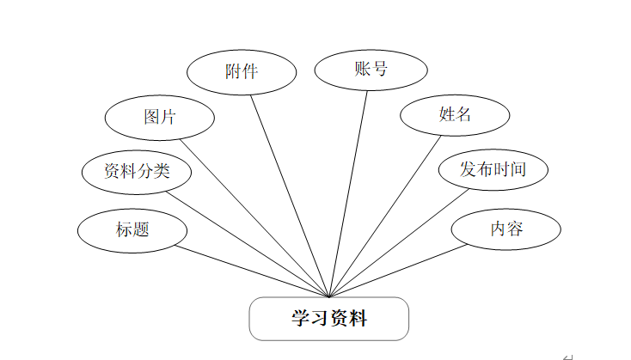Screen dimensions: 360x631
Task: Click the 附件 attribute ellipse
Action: tap(242, 71)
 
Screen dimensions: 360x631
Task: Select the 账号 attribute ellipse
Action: tap(371, 70)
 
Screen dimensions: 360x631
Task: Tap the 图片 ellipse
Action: tap(159, 116)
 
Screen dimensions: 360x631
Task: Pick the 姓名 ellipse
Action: tap(455, 114)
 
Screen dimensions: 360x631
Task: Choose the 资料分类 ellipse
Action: tap(137, 171)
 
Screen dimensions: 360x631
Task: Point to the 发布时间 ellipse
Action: tap(493, 169)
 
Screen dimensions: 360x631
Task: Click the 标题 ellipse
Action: tap(132, 229)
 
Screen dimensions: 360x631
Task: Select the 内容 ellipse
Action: tap(507, 229)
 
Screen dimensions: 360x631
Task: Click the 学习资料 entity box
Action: tap(328, 319)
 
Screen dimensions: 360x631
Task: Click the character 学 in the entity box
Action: tap(299, 319)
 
